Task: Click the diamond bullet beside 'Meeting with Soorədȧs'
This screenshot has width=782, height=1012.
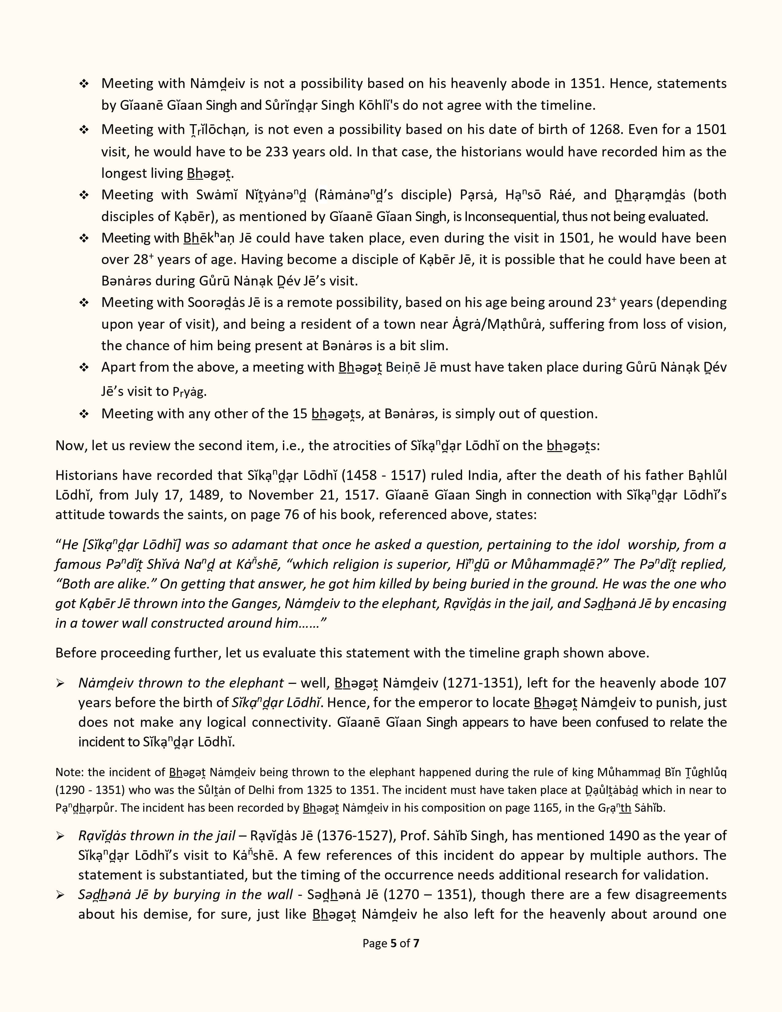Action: (84, 303)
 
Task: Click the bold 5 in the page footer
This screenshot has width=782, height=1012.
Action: (393, 943)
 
